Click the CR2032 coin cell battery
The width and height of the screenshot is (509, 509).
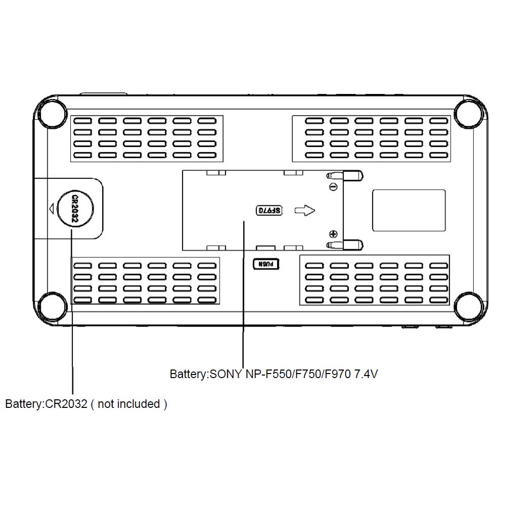(75, 208)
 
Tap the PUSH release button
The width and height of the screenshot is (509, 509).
(266, 264)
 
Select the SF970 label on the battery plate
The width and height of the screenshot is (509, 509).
(269, 210)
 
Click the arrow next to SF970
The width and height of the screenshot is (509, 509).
(304, 210)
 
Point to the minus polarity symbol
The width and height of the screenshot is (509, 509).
(334, 187)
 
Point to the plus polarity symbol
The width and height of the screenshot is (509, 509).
(334, 234)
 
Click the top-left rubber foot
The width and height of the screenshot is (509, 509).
(53, 114)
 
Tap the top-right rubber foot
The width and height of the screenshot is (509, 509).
(469, 114)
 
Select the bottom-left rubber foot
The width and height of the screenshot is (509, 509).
(53, 306)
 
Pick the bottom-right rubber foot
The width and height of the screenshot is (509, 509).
(469, 306)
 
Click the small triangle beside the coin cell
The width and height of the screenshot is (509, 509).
(51, 208)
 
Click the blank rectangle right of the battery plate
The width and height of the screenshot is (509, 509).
(409, 210)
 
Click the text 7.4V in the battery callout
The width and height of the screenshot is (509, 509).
(366, 374)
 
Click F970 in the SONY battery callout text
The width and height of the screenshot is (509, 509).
(338, 374)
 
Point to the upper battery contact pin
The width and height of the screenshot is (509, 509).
(345, 176)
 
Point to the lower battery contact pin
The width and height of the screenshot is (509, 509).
(345, 245)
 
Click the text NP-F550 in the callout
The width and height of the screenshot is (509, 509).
(268, 374)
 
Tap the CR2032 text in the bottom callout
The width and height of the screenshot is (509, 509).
(66, 404)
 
